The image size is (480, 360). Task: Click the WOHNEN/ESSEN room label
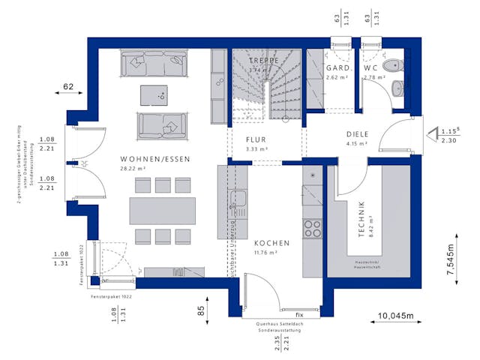pos(155,160)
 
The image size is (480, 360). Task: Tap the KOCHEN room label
pos(271,244)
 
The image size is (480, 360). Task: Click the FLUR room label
pos(256,139)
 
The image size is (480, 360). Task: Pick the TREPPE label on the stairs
pos(264,60)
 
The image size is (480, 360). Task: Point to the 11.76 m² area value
pos(266,253)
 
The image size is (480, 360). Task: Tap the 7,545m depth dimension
pos(451,261)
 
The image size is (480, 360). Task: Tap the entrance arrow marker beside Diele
pos(433,135)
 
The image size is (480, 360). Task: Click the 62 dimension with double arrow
pos(67,88)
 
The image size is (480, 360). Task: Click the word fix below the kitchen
pos(298,313)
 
